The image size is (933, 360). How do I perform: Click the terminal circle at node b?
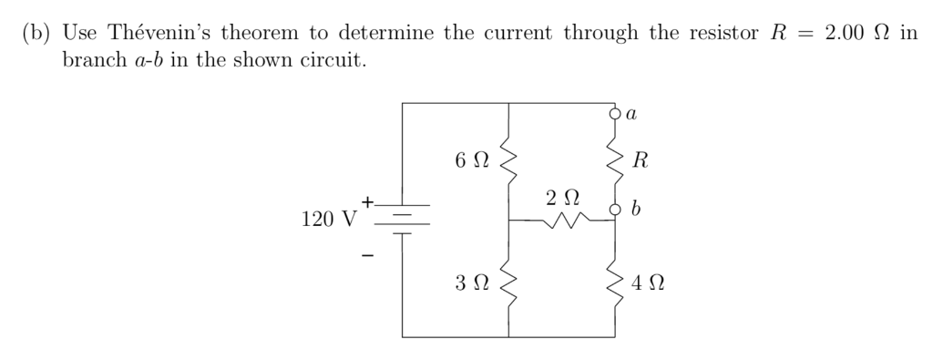pos(615,212)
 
